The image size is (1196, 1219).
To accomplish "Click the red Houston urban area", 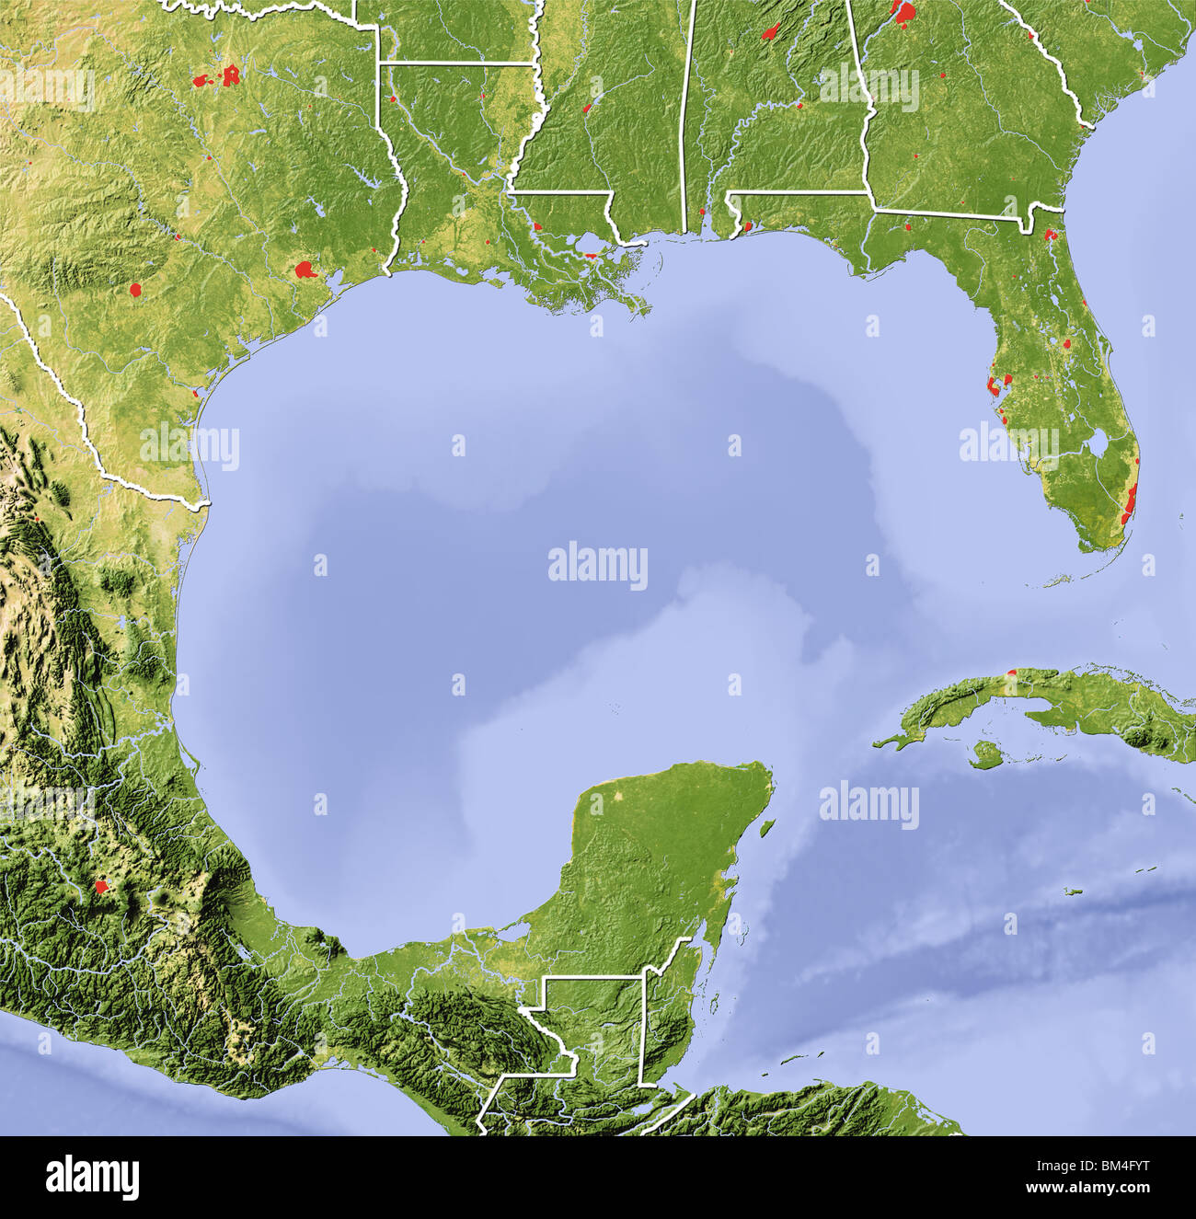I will (305, 270).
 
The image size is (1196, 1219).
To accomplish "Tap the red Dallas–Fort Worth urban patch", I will (230, 75).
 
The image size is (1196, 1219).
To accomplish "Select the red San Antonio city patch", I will (136, 290).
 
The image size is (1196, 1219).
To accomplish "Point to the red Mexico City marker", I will (100, 887).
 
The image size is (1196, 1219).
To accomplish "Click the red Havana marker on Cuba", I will (1012, 673).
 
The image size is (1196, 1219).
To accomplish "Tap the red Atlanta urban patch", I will (905, 12).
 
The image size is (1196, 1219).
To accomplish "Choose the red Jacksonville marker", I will (1051, 235).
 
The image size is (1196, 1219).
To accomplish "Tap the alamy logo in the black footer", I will (93, 1178).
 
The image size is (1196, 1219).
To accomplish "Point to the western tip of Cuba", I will (876, 743).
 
